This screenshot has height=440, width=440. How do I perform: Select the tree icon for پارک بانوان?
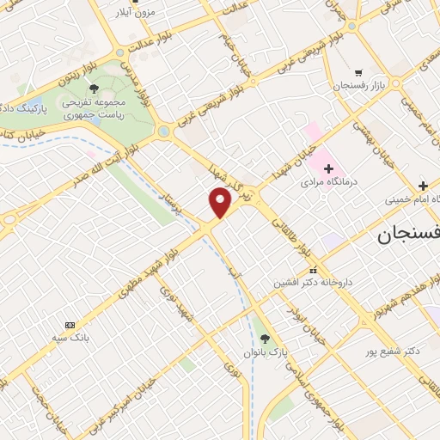tap(265, 339)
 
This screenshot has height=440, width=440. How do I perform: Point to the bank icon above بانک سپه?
tap(70, 325)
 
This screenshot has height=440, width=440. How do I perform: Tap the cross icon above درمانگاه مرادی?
tap(327, 169)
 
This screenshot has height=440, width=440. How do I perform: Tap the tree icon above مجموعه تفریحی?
tap(94, 89)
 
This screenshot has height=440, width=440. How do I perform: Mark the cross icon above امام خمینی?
tap(423, 186)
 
